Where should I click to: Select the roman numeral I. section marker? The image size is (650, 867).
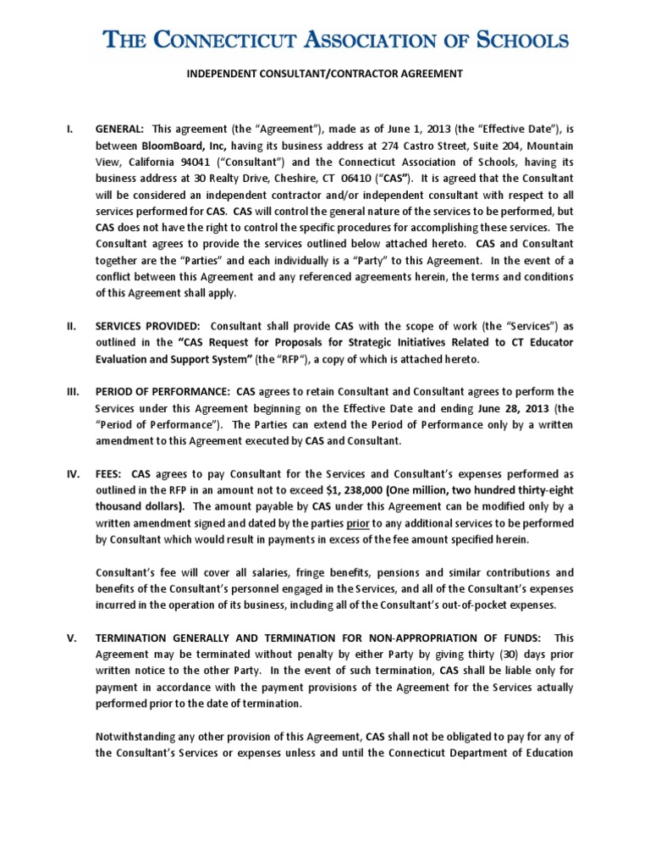pos(70,130)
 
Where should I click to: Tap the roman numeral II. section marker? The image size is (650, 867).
pos(72,326)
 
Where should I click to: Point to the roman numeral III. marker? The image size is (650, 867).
pos(74,391)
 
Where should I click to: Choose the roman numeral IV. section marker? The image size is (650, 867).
pos(74,472)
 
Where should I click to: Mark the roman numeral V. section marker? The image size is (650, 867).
pos(71,637)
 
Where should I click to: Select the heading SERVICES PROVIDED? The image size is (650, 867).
pos(147,326)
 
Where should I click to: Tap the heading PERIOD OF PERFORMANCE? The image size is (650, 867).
pos(162,391)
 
